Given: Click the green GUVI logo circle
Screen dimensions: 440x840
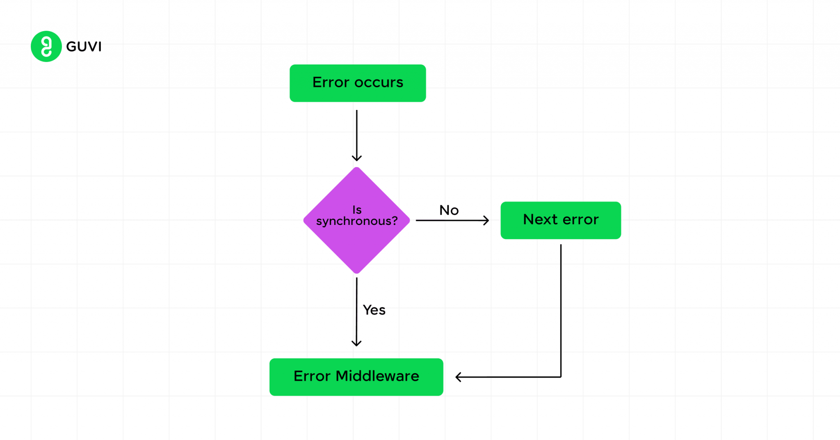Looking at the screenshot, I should (x=46, y=46).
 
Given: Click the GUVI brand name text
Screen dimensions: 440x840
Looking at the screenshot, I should (x=84, y=47).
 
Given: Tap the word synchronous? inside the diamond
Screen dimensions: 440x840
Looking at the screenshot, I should (x=356, y=221).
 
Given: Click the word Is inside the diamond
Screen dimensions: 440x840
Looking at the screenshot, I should (x=357, y=210).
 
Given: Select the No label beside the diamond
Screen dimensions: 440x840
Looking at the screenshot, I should (x=449, y=210).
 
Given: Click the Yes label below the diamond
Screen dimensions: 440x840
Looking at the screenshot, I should (x=374, y=310).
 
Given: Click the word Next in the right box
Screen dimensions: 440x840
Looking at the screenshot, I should (x=540, y=220).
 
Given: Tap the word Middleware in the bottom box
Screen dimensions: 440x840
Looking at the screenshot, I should (x=377, y=376).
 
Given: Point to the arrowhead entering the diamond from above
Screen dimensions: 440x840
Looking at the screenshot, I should (x=356, y=158).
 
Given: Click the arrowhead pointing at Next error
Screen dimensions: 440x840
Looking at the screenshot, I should (x=486, y=220).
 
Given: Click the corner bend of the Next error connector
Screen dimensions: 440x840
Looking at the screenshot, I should (x=561, y=377).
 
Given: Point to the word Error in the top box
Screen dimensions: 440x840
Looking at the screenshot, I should (x=331, y=82).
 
